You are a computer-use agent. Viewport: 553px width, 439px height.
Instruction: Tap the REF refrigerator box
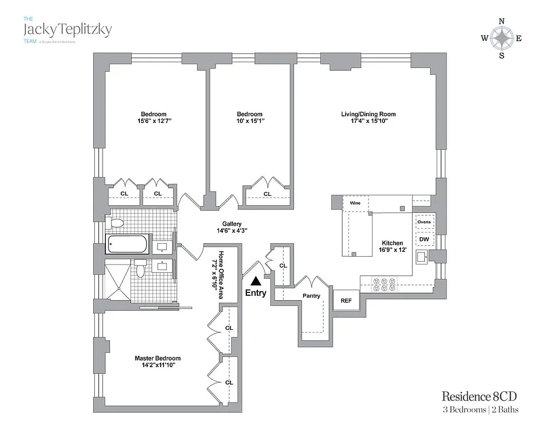pos(346,301)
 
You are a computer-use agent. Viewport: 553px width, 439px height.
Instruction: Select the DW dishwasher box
pos(424,240)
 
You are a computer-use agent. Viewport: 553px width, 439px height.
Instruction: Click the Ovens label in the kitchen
pos(424,222)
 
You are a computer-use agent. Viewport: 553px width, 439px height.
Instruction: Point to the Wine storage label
pos(351,202)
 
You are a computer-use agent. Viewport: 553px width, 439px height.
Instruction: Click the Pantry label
pos(311,296)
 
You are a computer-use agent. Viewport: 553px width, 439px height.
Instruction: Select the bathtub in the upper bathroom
pos(127,244)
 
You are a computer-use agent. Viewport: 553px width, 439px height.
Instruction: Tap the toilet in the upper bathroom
pos(117,223)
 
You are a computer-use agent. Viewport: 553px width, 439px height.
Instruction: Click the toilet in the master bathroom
pos(141,269)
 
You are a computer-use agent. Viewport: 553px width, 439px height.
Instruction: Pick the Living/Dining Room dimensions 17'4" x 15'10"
pos(368,121)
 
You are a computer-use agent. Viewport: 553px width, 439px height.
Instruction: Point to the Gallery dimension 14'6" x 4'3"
pos(232,230)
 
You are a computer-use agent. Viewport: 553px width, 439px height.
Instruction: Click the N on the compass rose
pos(501,21)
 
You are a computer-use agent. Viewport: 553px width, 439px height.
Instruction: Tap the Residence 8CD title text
pos(479,396)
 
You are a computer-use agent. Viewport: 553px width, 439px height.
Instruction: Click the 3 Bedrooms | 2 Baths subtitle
pos(481,409)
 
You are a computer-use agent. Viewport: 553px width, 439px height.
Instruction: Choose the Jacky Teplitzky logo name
pos(67,29)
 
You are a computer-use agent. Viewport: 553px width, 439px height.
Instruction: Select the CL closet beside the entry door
pos(283,266)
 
